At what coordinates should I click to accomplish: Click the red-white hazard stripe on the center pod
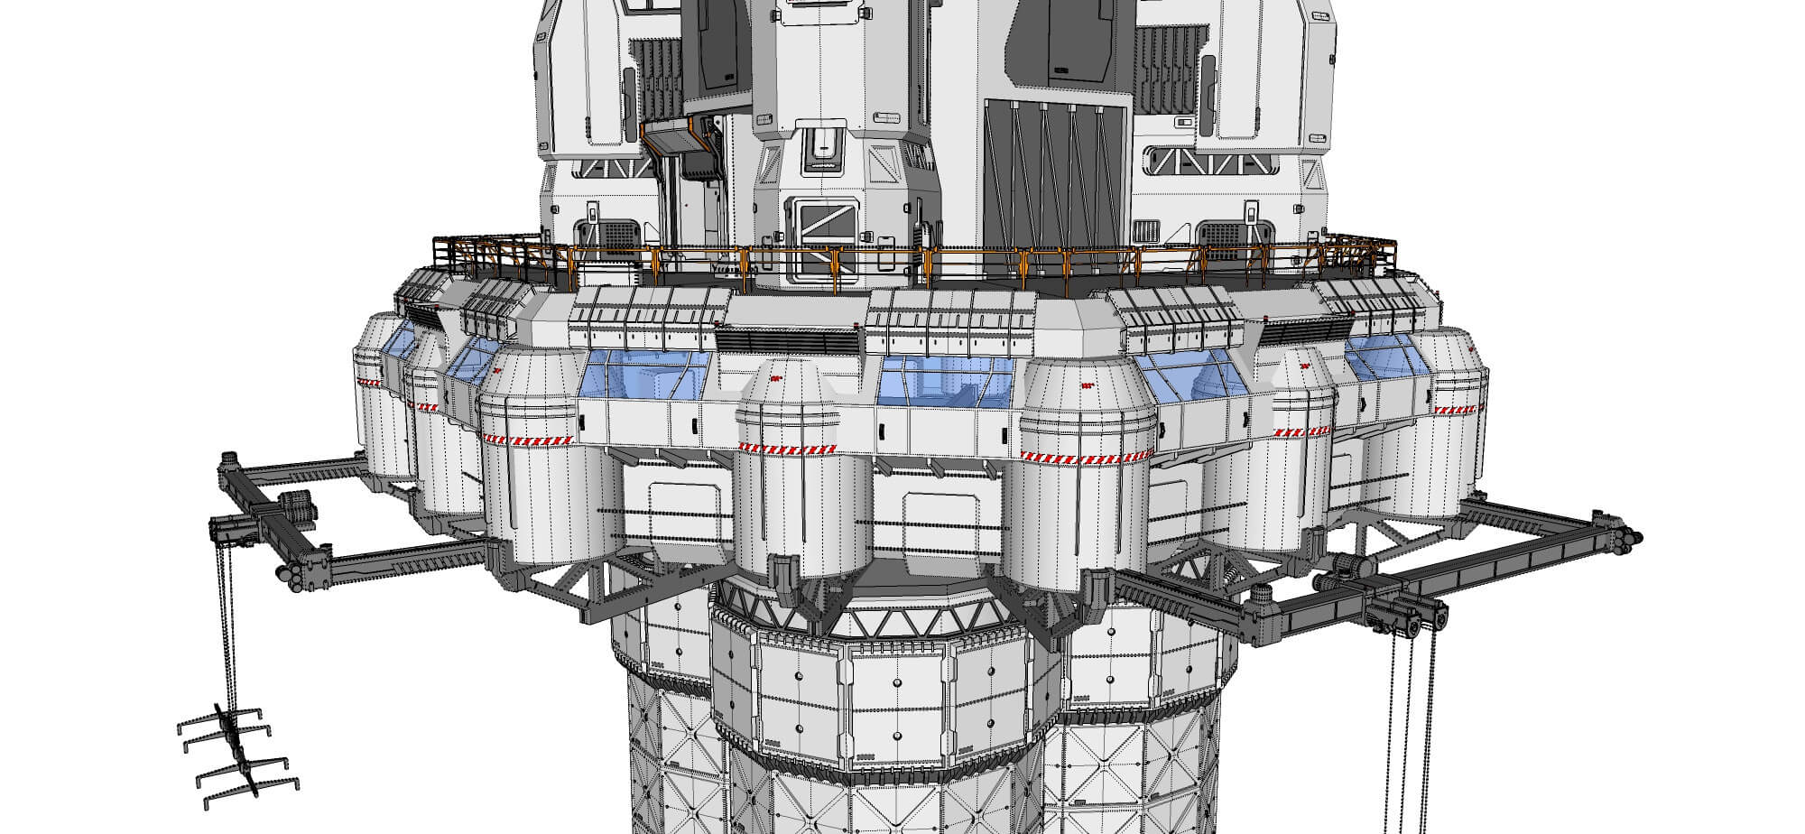[x=785, y=447]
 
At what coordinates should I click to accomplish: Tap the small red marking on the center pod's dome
[x=775, y=379]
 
